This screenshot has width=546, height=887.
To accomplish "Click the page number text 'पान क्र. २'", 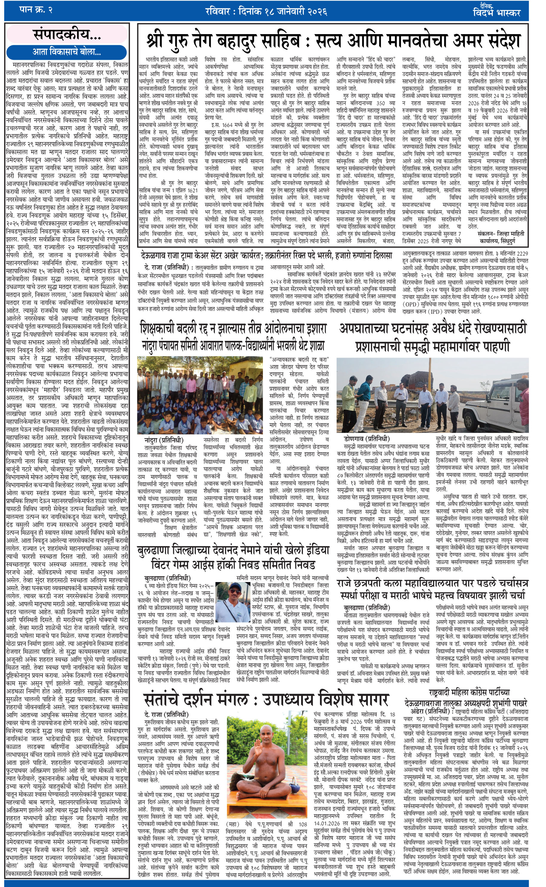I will point(36,10).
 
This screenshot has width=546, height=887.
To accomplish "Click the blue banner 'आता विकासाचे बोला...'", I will point(67,52).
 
